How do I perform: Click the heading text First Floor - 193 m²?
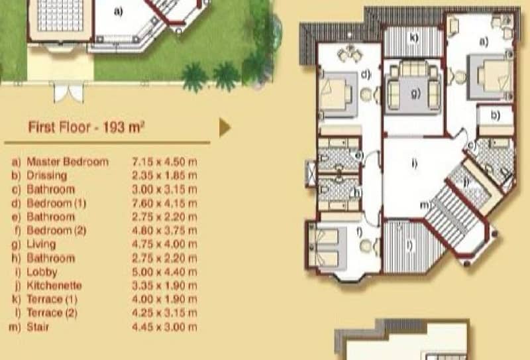click(x=86, y=127)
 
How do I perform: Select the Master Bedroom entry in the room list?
click(x=68, y=162)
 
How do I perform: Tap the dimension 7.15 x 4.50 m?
click(x=164, y=162)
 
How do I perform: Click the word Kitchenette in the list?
click(x=54, y=286)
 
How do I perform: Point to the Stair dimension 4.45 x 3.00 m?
click(x=164, y=327)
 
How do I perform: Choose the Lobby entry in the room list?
click(x=42, y=272)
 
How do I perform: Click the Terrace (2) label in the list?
click(x=52, y=313)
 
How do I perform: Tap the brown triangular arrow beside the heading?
click(x=225, y=127)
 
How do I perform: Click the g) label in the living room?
click(x=416, y=93)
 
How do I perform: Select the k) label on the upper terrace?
click(x=414, y=37)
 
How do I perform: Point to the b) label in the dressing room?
click(x=495, y=115)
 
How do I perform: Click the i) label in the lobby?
click(x=415, y=163)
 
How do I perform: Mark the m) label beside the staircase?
click(x=425, y=205)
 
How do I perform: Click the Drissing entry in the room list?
click(x=46, y=175)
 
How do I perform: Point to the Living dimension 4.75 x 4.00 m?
click(x=164, y=244)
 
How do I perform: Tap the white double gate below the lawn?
click(x=69, y=92)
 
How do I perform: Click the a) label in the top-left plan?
click(x=119, y=12)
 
